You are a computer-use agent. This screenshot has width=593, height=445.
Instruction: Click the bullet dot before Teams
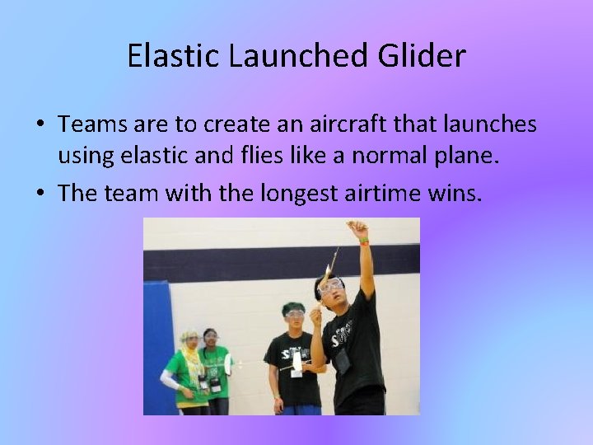40,125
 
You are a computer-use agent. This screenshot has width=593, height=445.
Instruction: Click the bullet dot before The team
40,194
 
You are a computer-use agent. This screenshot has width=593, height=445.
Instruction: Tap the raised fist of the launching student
357,227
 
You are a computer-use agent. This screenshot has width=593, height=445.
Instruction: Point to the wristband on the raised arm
363,241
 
